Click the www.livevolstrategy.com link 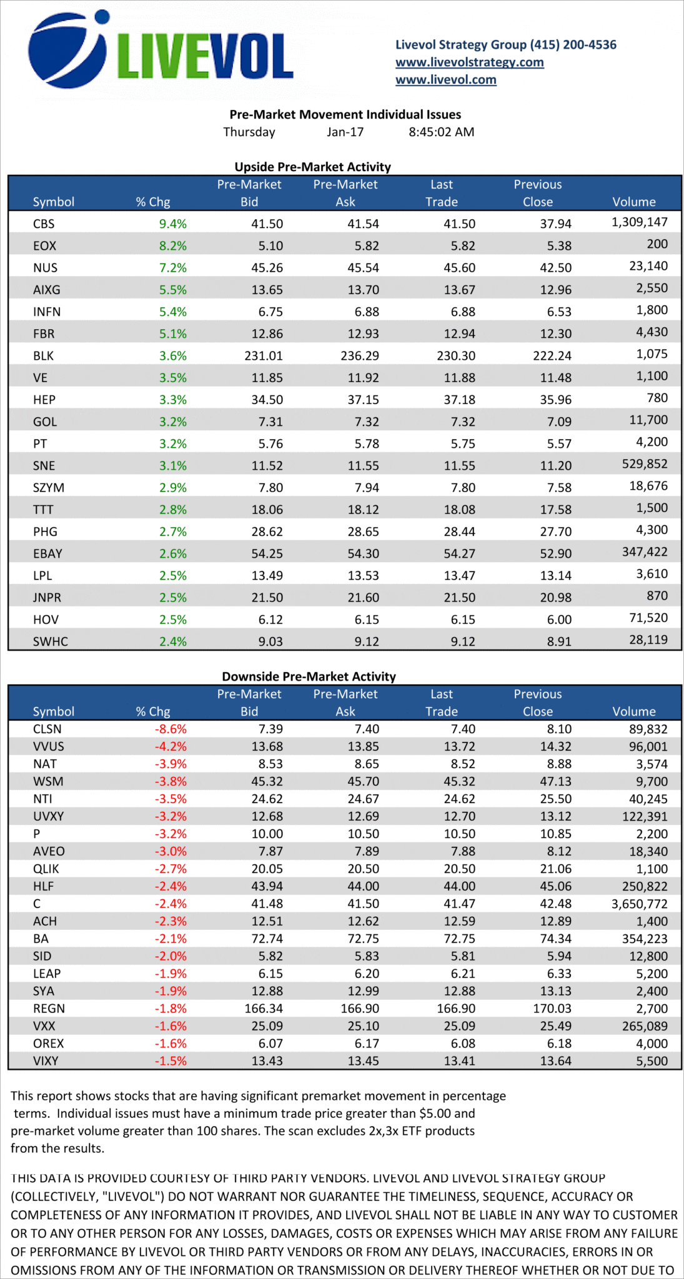(469, 62)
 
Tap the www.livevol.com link (445, 80)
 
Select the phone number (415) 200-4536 (573, 45)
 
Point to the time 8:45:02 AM (441, 132)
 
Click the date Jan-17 (345, 132)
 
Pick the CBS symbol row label (44, 224)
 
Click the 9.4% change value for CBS (173, 224)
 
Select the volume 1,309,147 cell (639, 222)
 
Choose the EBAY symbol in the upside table (47, 554)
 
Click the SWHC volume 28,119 (648, 640)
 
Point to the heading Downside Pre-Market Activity (309, 677)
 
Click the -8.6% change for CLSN (171, 729)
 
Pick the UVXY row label (48, 816)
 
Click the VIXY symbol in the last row (46, 1061)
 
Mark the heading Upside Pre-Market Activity (312, 167)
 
